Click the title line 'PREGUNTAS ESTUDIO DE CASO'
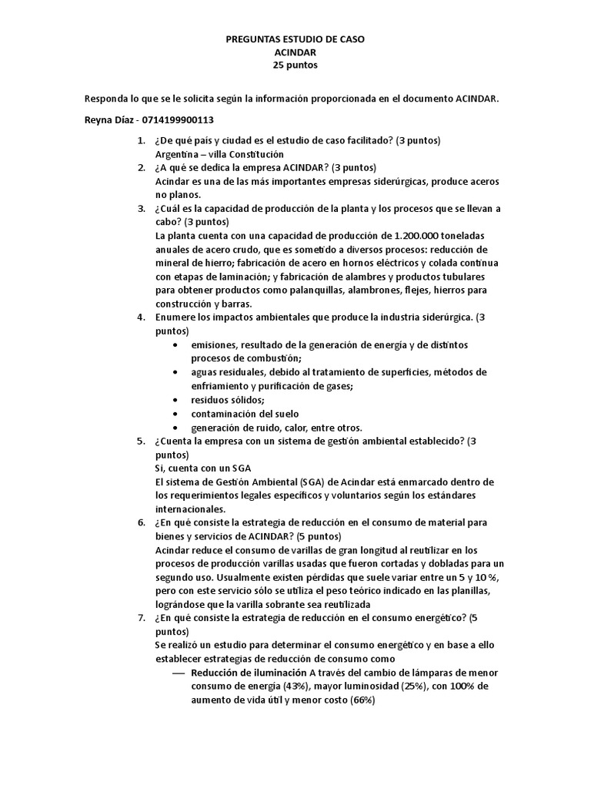pos(295,38)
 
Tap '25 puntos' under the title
pos(295,65)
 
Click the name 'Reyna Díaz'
pos(109,119)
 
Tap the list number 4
pos(141,317)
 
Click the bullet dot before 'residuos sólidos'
pos(178,400)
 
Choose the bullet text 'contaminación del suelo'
pos(245,414)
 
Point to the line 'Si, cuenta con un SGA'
pos(203,468)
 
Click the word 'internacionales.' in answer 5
pos(190,509)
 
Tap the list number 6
pos(141,523)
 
